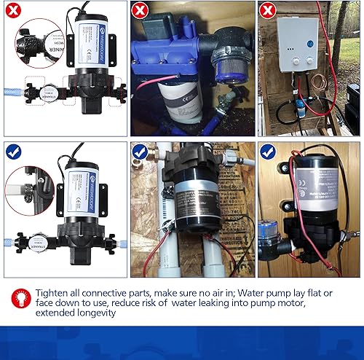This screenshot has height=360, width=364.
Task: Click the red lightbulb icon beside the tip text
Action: click(x=17, y=297)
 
